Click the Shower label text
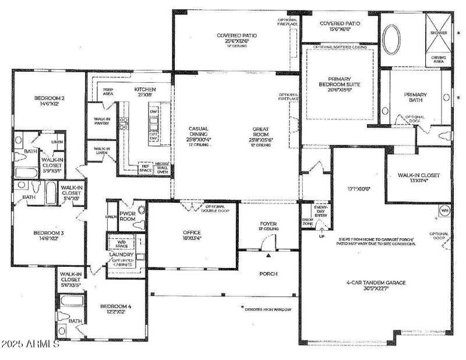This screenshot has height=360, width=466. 439,33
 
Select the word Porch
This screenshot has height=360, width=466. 268,274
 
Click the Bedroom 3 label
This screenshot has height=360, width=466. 36,235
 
